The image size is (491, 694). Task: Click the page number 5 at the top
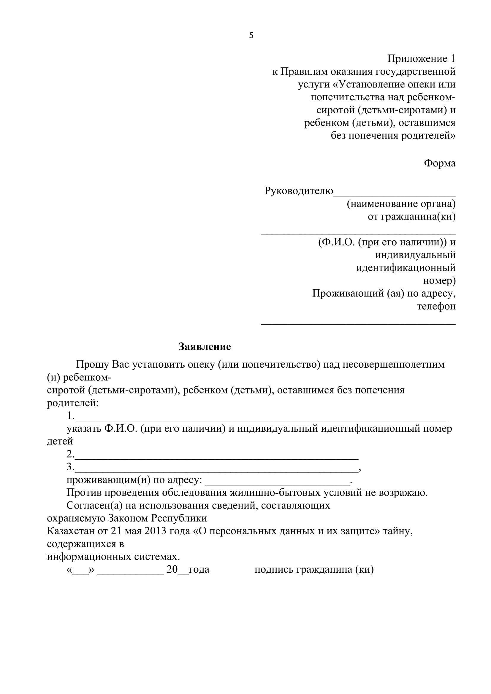(x=251, y=36)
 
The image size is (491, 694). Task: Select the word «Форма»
(x=440, y=163)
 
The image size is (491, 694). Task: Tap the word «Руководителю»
(x=299, y=191)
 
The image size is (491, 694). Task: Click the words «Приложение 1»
(x=421, y=58)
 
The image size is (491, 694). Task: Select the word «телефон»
(x=436, y=306)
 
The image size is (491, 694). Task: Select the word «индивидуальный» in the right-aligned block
(x=415, y=255)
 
